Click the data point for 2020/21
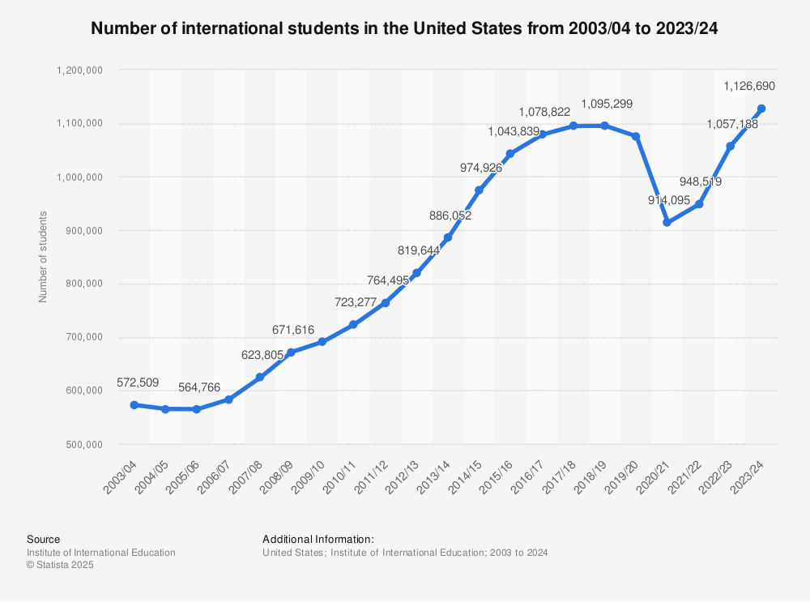coord(667,222)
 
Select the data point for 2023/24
coord(761,109)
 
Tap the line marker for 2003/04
coord(134,404)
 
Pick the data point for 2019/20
coord(636,136)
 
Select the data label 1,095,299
coord(607,104)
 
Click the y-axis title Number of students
coord(44,257)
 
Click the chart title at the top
coord(404,28)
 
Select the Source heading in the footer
coord(43,539)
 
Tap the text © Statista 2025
coord(60,566)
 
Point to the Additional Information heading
coord(318,539)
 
